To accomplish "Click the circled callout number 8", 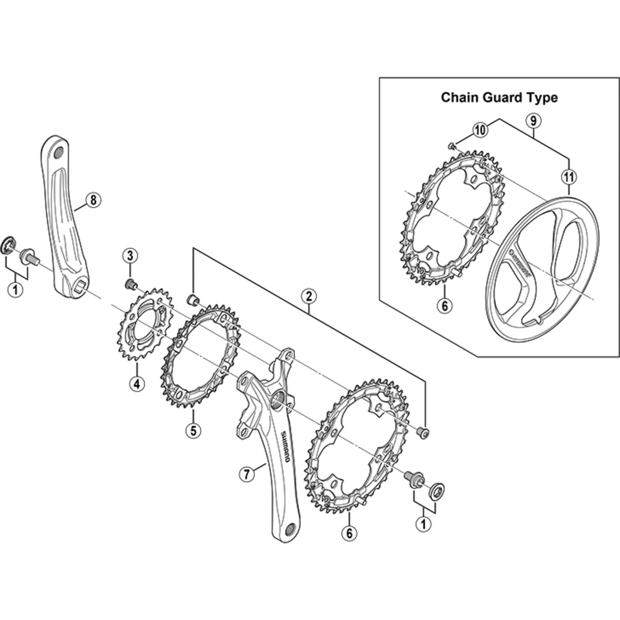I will coord(93,200).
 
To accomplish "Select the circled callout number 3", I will coord(130,256).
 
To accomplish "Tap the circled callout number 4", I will coord(137,384).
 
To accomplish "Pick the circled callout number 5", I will coord(193,431).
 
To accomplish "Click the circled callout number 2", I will coord(309,296).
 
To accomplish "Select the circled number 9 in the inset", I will coord(533,121).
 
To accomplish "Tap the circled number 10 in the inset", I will coord(481,130).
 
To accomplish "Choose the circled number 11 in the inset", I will coord(569,177).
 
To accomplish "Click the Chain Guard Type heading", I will coord(499,98).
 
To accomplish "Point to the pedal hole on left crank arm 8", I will coord(58,153).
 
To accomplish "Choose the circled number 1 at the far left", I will coord(15,290).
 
